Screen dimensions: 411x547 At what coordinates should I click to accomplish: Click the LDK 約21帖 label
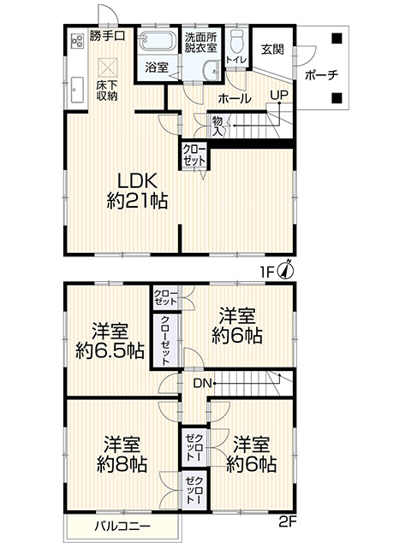137,191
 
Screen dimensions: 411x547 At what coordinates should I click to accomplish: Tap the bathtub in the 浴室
157,40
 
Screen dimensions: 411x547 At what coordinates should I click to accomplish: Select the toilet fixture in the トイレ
237,39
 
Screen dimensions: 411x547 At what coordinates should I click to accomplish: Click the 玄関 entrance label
272,50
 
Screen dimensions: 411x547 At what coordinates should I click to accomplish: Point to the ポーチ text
322,75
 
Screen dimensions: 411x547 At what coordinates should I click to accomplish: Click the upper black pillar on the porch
337,38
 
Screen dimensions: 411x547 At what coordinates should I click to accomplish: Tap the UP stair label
279,95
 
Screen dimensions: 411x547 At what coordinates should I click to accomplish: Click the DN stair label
203,384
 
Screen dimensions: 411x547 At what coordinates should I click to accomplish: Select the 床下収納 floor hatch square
108,68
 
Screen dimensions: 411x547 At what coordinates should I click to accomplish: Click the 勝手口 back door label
107,35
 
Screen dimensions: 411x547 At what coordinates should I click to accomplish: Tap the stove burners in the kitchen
77,41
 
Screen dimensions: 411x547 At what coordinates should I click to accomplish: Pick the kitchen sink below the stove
77,90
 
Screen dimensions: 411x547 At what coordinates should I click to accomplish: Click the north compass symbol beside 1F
286,270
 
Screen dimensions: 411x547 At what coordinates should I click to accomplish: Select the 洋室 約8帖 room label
122,454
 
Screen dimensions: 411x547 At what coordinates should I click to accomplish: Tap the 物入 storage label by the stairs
217,127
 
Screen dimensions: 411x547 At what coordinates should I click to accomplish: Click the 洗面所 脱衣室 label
201,42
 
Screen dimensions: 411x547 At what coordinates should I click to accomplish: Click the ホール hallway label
235,99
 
